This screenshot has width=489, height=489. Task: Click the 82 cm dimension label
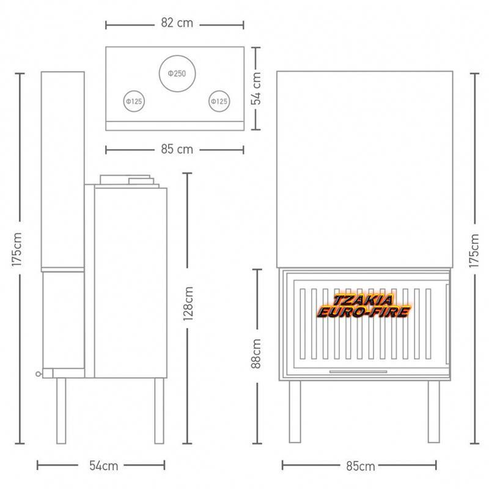[177, 23]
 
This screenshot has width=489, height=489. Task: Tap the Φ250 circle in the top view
[177, 56]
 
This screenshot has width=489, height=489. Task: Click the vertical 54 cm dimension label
[256, 88]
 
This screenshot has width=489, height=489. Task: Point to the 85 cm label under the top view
[177, 149]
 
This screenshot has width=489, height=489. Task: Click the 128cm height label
[188, 304]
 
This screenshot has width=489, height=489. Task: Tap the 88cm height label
[256, 354]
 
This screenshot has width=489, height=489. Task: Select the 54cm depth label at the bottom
[103, 466]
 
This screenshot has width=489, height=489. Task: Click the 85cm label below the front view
[361, 466]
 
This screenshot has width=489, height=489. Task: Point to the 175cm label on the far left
[17, 249]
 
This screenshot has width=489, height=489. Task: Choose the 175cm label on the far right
[474, 251]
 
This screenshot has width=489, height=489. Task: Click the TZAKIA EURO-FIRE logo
[363, 306]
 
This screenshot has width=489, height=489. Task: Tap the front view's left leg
[295, 411]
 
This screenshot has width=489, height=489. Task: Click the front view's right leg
[433, 411]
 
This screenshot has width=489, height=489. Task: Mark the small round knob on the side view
[39, 374]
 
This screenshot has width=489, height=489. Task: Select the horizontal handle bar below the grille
[358, 372]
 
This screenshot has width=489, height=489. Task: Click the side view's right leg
[159, 411]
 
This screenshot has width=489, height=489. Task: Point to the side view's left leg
[61, 411]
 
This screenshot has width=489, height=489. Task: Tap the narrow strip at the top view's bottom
[175, 126]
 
